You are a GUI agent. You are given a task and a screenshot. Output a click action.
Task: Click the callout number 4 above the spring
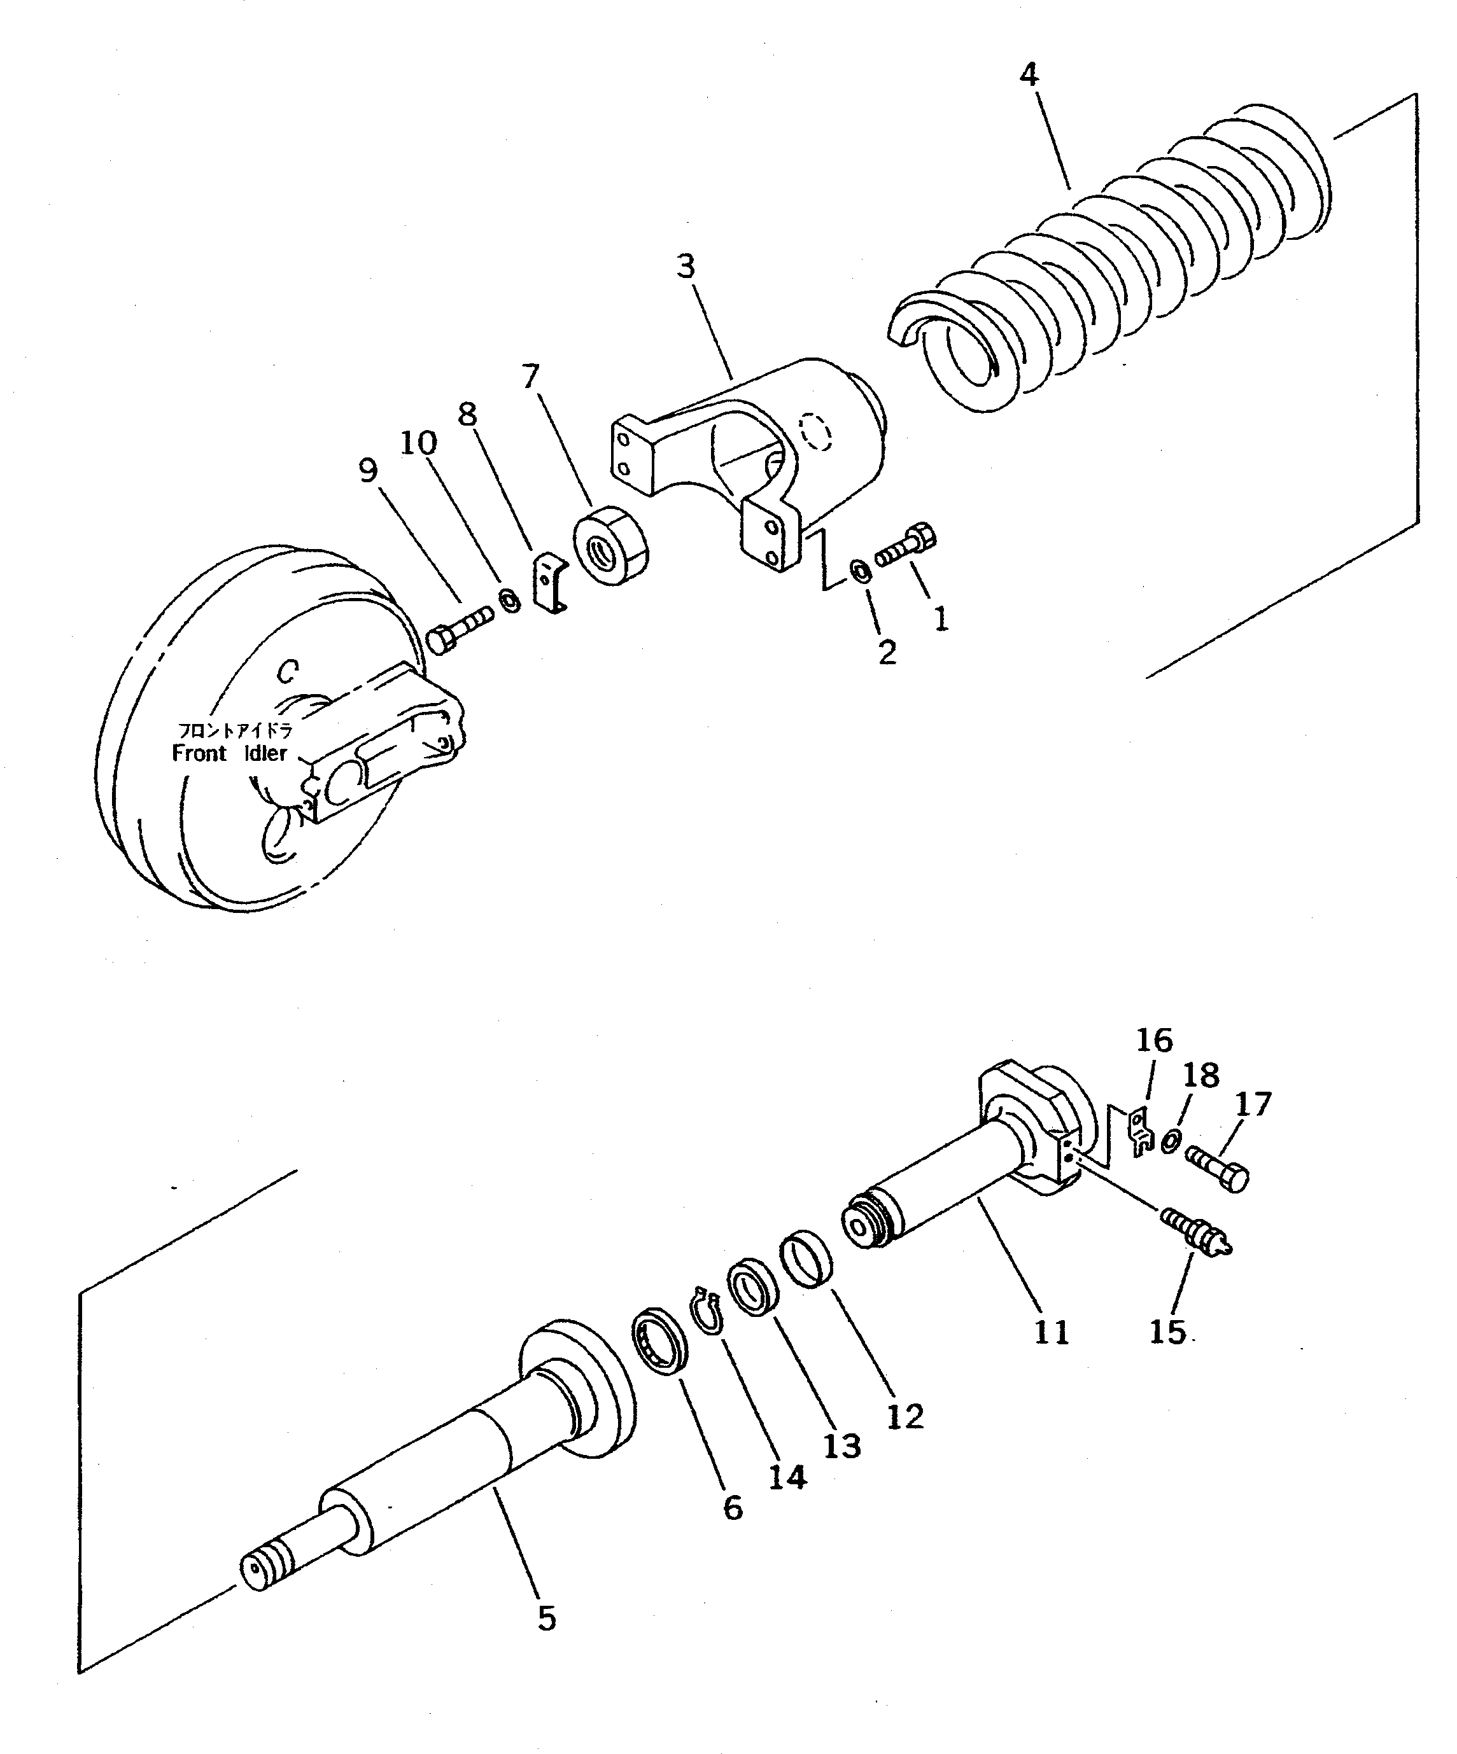coord(1029,75)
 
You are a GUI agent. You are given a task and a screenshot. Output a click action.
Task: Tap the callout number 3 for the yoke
coord(685,267)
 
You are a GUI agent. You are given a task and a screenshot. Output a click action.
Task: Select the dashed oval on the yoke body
coord(815,432)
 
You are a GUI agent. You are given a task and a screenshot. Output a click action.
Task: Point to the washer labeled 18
coord(1171,1142)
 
